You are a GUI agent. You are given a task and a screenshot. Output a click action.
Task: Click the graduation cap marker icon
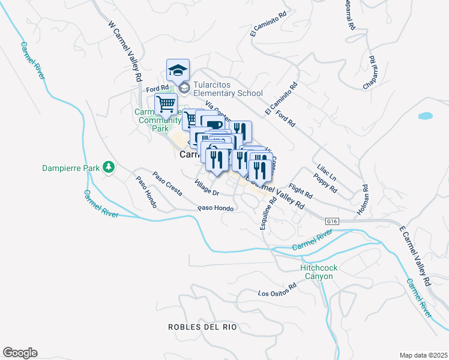178,70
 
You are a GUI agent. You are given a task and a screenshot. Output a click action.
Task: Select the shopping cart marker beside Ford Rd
166,104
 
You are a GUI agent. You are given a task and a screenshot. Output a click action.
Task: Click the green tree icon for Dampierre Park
109,167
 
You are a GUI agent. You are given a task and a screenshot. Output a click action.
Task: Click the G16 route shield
333,221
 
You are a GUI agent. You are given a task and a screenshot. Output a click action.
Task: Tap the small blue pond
425,116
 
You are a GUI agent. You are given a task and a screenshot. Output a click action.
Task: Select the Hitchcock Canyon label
316,272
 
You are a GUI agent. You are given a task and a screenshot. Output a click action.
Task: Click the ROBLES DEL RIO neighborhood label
202,327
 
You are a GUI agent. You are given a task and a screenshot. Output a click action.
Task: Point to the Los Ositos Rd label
277,290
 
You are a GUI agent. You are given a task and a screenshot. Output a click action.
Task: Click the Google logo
20,353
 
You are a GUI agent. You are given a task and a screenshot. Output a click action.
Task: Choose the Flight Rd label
301,191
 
